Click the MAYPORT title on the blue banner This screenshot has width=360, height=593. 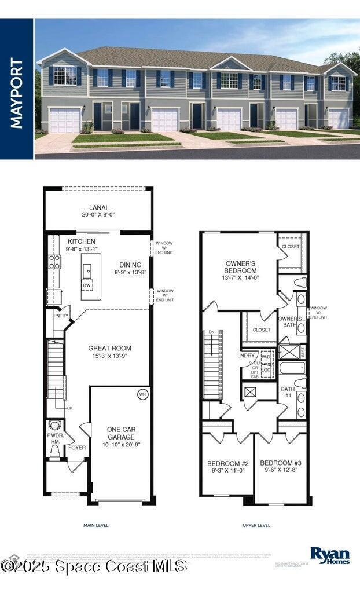(x=16, y=93)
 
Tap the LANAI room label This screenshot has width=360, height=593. (x=98, y=207)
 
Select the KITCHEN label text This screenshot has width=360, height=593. (x=82, y=241)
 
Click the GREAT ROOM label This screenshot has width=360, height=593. (x=109, y=348)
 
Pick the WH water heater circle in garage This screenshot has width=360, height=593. (x=142, y=394)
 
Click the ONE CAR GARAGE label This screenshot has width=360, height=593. (x=122, y=433)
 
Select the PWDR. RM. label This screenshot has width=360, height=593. (x=55, y=439)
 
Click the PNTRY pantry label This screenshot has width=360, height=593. (x=61, y=316)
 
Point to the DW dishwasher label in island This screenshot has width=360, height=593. (x=86, y=285)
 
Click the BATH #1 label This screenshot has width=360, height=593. (x=288, y=393)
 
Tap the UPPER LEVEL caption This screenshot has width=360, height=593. (x=256, y=525)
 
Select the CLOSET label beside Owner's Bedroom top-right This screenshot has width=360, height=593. (x=291, y=246)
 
